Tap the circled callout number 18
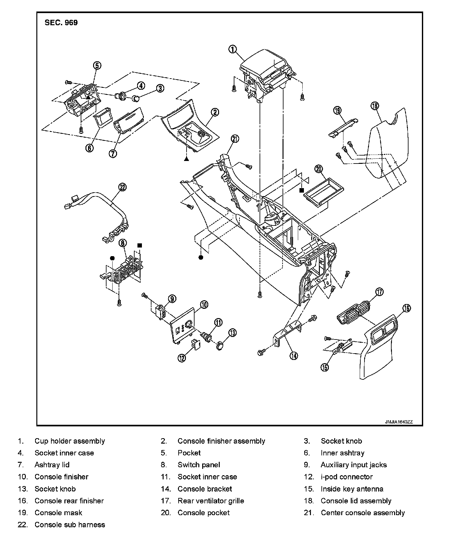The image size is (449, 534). point(375,105)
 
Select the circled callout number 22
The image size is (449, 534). point(122,187)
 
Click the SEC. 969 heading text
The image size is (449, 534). point(61,23)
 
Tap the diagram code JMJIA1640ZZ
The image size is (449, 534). point(399,422)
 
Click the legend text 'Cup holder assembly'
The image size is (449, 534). point(70,441)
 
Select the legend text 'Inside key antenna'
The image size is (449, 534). point(352,489)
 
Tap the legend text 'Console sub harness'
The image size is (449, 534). point(70,525)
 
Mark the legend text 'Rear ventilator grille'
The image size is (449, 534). point(211,501)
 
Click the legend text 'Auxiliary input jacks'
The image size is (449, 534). point(354,465)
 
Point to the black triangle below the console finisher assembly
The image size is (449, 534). point(186,159)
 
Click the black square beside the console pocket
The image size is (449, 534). point(301,190)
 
